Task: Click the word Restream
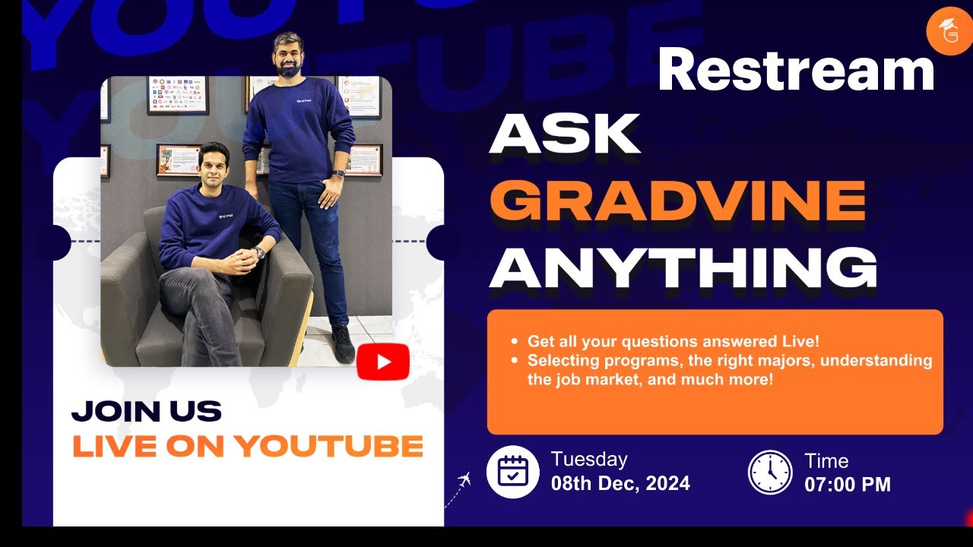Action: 795,70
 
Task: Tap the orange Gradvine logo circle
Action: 949,31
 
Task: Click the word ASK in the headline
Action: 565,135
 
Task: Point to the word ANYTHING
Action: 683,267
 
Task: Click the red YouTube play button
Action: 383,362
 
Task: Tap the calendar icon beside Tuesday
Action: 512,472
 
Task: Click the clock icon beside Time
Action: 770,472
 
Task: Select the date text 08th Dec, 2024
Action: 620,483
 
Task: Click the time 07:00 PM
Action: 848,484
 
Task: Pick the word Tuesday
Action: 589,459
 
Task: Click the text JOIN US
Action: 146,412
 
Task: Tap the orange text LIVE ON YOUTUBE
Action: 248,446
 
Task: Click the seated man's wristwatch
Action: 260,253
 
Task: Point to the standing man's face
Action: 290,55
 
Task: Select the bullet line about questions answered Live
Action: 672,342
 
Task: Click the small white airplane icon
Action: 464,479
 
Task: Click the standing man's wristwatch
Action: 339,173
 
